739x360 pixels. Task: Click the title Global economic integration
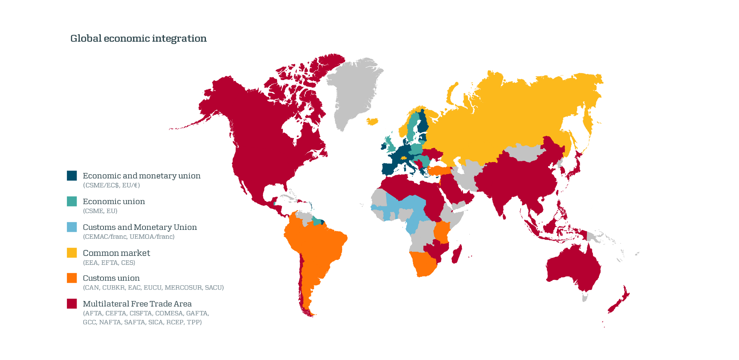click(138, 39)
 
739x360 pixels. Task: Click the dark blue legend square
click(72, 176)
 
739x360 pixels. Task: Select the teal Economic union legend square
click(72, 201)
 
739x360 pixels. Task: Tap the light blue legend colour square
click(72, 227)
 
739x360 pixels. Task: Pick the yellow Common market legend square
click(72, 253)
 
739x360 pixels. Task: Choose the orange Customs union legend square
click(72, 278)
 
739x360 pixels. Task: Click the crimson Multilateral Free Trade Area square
click(72, 304)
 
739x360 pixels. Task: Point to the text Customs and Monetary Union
click(140, 227)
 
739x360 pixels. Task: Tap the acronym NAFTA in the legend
click(110, 322)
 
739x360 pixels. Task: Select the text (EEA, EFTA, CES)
click(109, 263)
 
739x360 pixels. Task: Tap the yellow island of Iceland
click(372, 121)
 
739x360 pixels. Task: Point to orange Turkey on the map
click(439, 170)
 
